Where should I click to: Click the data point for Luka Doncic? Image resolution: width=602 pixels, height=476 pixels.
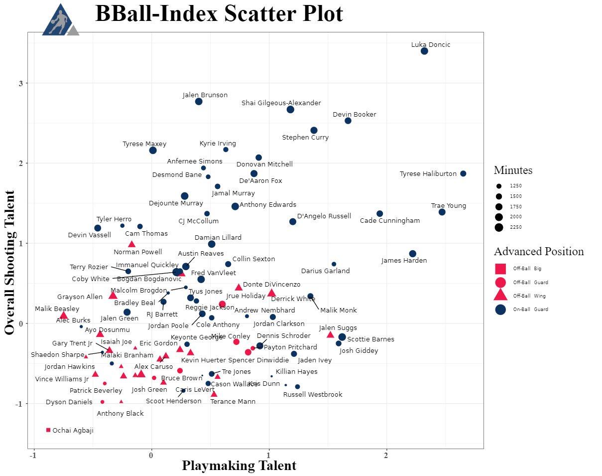[x=424, y=51]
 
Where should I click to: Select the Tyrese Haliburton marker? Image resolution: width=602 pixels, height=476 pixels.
[x=463, y=173]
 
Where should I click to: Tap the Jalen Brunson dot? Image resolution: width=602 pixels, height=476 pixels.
[x=199, y=102]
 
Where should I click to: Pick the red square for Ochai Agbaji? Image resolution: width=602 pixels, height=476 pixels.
[x=48, y=430]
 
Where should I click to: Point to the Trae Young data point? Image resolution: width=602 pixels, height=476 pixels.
[x=442, y=212]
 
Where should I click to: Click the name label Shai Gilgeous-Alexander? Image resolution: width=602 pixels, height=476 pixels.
[x=281, y=103]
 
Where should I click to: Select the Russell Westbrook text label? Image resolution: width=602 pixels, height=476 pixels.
[x=313, y=395]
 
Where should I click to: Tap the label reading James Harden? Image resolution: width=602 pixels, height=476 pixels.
[x=404, y=261]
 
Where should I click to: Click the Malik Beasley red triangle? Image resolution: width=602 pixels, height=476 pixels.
[x=63, y=316]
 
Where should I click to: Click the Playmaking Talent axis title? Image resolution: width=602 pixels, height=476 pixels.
[x=239, y=466]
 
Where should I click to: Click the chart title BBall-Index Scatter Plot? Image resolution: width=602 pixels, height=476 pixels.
[x=219, y=14]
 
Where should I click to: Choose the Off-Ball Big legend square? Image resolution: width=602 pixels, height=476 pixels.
[x=500, y=269]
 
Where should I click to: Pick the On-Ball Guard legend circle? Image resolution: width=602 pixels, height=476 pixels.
[x=500, y=310]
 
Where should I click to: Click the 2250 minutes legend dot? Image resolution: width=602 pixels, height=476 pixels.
[x=499, y=227]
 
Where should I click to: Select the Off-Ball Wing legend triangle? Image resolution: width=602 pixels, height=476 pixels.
[x=500, y=296]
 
